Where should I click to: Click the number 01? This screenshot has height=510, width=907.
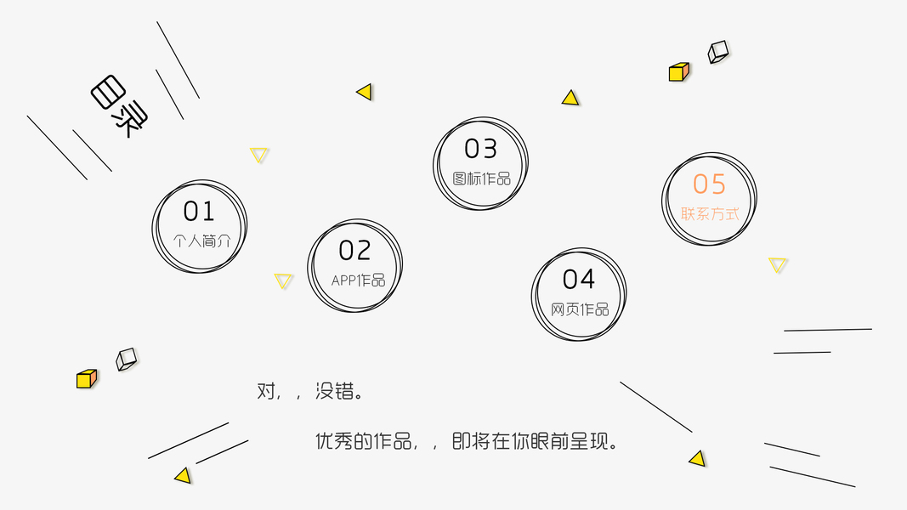199,211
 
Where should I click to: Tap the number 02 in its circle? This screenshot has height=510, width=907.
354,251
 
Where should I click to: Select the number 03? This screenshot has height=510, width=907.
480,150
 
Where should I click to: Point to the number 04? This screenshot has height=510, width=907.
579,279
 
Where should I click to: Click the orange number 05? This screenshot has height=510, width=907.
709,184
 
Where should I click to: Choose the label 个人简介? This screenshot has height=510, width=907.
201,241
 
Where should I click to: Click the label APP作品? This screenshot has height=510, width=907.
358,280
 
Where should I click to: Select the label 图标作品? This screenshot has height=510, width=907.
482,178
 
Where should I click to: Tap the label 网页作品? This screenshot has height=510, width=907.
580,309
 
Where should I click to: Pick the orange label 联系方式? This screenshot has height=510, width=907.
710,214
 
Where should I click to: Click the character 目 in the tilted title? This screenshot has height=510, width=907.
108,93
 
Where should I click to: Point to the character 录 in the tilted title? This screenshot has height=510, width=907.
130,119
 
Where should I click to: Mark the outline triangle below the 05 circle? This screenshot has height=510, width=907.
778,264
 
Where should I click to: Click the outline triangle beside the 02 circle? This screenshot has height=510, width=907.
284,280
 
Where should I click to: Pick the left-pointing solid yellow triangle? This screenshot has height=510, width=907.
366,92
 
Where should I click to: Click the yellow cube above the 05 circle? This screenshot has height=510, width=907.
678,72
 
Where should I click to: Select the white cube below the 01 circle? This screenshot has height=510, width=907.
126,359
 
